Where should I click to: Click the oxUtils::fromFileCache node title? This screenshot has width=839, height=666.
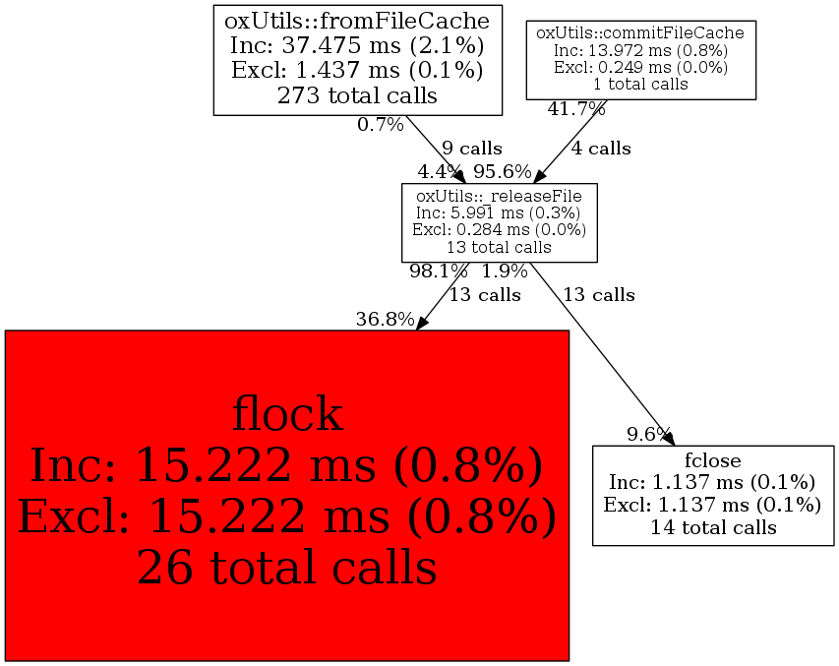pos(359,19)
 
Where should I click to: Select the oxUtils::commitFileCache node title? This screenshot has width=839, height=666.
pos(640,33)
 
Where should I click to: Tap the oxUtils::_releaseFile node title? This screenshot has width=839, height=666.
pos(499,195)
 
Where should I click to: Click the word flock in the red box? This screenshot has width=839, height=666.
pos(287,414)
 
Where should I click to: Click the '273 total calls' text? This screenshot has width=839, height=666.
pos(359,95)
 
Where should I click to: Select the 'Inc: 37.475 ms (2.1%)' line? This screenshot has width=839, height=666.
pos(359,44)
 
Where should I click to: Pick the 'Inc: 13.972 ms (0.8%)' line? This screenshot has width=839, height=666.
pos(640,50)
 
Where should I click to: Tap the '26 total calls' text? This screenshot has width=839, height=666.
pos(287,567)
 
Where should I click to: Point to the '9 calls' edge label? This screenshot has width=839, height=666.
pos(472,149)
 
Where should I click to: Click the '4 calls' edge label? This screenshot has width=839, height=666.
pos(601,149)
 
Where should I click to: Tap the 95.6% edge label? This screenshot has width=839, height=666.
pos(502,171)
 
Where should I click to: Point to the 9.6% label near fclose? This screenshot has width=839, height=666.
pos(648,433)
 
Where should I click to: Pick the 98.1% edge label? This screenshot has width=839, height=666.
pos(439,272)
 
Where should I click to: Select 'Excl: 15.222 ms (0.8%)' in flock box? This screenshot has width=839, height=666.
pos(287,515)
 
